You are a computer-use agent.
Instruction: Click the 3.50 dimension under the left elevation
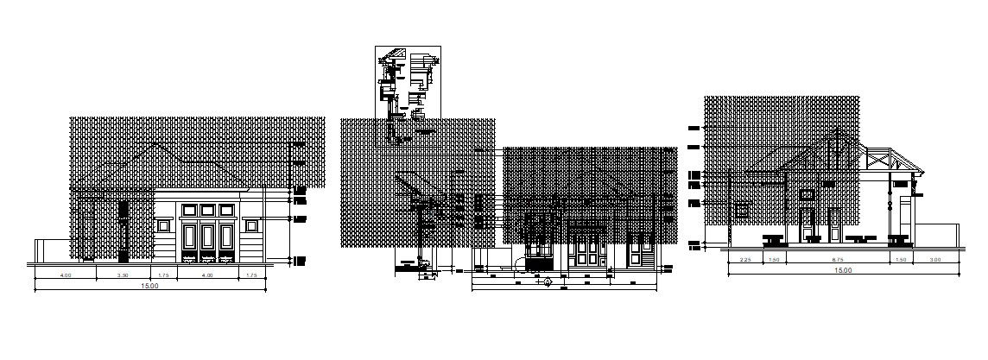123,275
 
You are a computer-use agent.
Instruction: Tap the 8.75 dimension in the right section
837,260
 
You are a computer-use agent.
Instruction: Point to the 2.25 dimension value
744,260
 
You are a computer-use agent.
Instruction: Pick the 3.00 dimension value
934,260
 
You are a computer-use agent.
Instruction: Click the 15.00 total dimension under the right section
842,271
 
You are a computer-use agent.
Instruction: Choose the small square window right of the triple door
251,225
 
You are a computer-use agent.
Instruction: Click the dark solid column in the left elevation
123,231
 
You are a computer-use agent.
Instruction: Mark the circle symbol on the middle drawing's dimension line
547,282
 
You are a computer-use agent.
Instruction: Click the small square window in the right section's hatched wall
741,209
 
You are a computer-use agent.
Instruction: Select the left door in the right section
807,222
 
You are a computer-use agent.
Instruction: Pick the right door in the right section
835,222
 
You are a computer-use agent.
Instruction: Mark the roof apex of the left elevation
155,142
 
